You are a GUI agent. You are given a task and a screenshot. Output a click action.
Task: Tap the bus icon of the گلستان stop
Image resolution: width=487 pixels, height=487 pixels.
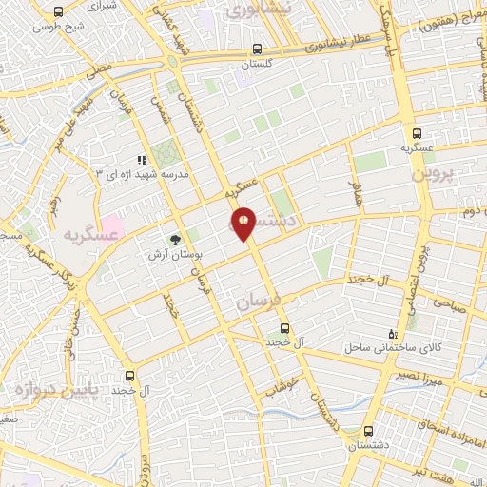[257, 49]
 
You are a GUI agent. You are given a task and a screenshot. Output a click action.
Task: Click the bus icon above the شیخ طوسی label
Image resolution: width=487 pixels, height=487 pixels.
[59, 11]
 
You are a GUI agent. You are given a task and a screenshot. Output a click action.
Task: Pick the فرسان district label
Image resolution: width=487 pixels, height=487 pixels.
[260, 302]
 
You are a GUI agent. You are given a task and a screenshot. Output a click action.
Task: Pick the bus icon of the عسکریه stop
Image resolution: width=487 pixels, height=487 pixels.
[416, 132]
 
